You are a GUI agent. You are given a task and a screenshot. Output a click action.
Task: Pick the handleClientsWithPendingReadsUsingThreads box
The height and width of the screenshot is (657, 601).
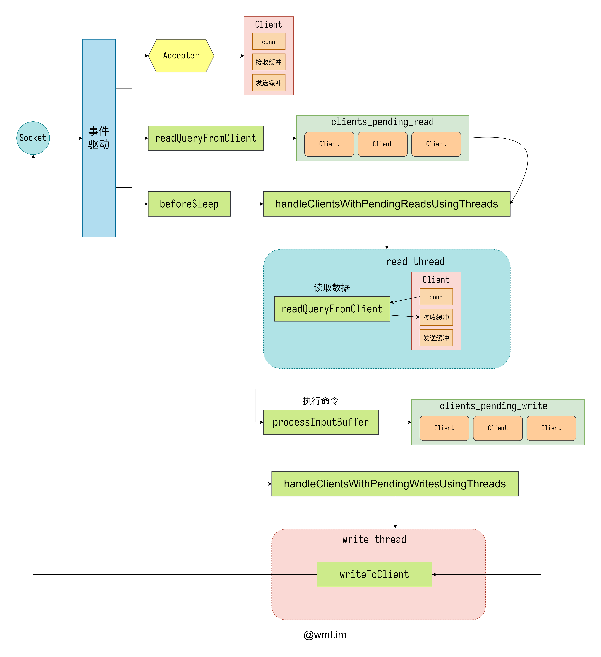tap(387, 204)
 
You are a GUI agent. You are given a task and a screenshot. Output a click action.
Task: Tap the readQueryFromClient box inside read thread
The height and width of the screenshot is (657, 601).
tap(332, 309)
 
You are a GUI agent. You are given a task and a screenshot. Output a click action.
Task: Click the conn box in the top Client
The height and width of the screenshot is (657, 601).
tap(269, 42)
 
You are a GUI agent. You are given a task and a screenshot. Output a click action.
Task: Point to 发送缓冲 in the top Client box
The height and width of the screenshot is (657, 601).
tap(269, 83)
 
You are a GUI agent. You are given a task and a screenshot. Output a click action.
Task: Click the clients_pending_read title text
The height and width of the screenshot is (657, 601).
tap(382, 122)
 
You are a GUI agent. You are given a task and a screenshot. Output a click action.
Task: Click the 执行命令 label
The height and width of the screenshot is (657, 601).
tap(321, 401)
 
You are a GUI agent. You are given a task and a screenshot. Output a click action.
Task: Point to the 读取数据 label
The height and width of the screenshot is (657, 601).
tap(332, 287)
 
